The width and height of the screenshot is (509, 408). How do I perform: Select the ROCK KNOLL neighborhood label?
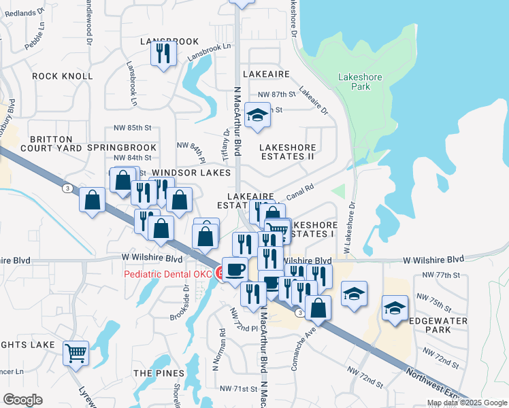click(62, 76)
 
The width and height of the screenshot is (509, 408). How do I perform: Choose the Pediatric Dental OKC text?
click(168, 273)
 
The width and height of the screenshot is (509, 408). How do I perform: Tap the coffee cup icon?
click(235, 269)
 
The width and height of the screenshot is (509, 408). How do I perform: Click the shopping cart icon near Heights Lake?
click(76, 352)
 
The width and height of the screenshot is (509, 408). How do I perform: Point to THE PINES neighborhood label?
click(159, 373)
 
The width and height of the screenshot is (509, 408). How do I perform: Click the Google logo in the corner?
click(22, 400)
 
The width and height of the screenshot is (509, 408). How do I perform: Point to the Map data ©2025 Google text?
click(466, 403)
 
